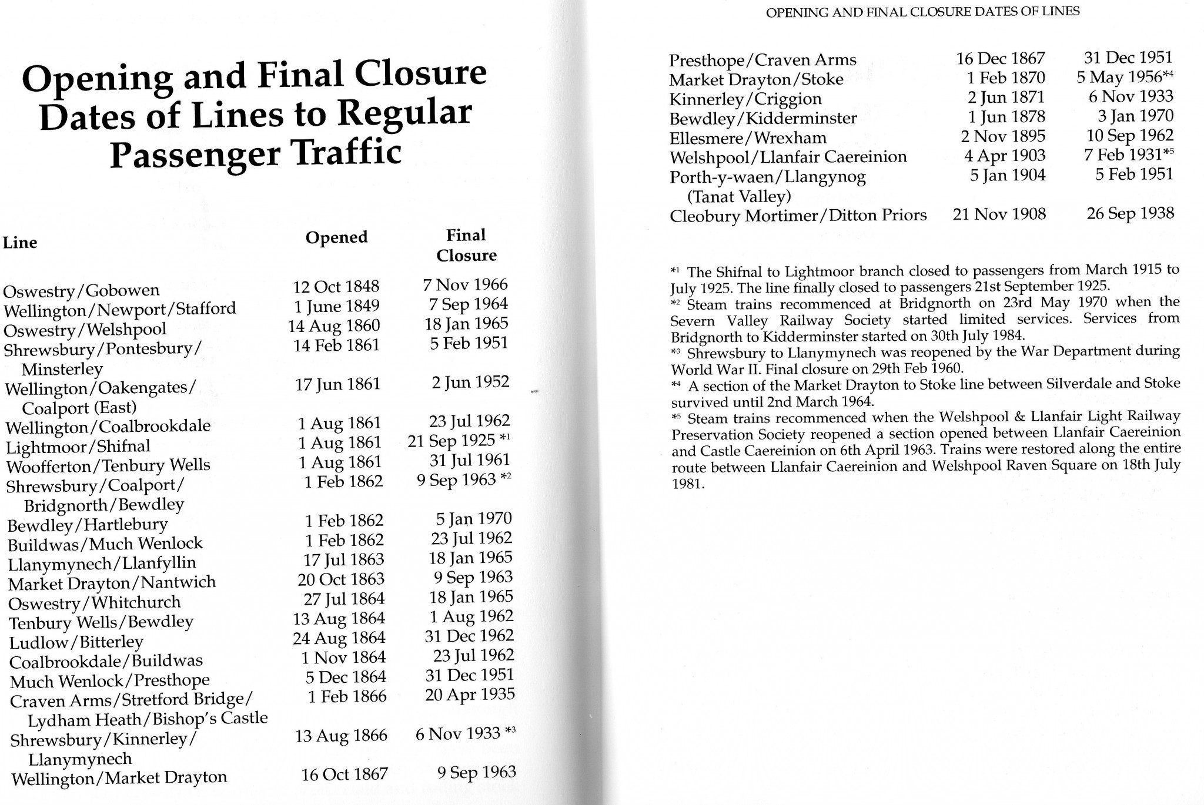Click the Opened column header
point(336,237)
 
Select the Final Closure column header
point(466,245)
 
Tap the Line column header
point(20,243)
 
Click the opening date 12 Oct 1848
point(336,287)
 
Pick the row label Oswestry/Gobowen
point(81,290)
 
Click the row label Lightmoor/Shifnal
point(78,447)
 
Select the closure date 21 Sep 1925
point(451,441)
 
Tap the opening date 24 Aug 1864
point(339,638)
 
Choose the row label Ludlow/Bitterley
point(76,642)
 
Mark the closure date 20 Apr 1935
point(470,695)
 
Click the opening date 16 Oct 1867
point(345,774)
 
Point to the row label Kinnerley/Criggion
point(745,99)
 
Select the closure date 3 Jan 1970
point(1135,116)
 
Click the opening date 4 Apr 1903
point(1005,156)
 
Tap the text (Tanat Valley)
point(739,196)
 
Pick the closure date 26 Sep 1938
point(1130,213)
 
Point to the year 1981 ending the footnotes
point(687,485)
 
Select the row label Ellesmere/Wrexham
point(748,138)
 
